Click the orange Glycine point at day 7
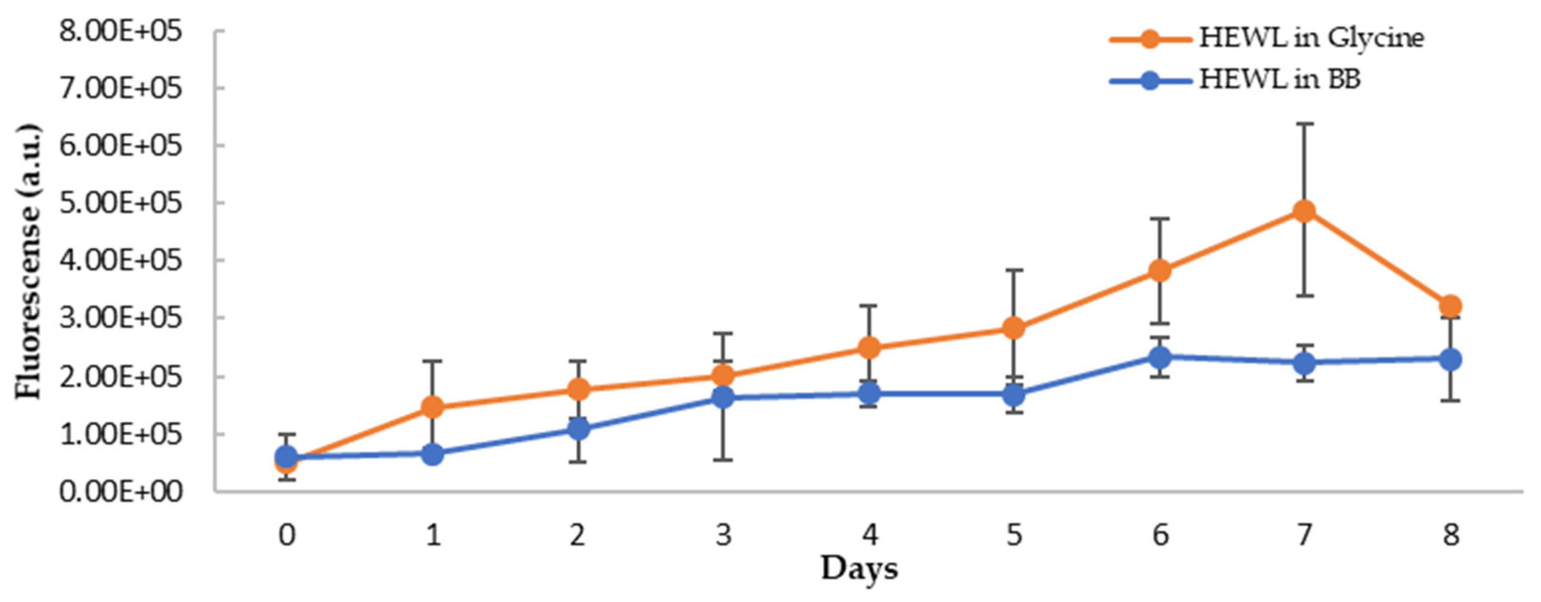point(1304,211)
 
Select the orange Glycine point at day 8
point(1450,306)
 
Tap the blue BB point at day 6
point(1160,357)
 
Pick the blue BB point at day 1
point(432,455)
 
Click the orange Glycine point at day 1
point(432,408)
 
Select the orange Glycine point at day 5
point(1013,327)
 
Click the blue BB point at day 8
point(1450,360)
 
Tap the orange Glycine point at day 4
point(869,347)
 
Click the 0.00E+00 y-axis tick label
point(120,492)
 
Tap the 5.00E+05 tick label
point(120,204)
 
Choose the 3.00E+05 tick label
point(120,318)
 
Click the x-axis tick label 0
point(287,534)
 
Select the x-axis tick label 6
point(1160,534)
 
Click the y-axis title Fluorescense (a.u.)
point(28,261)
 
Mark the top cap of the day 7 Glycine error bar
point(1304,124)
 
